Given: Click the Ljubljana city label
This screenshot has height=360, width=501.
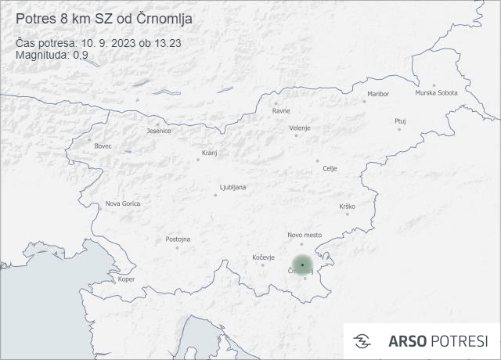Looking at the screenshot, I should (x=233, y=188).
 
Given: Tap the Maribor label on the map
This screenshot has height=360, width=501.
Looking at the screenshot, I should (x=377, y=94).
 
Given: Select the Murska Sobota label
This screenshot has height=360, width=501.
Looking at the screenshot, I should (x=436, y=93).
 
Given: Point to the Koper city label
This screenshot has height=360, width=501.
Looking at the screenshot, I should (x=126, y=279).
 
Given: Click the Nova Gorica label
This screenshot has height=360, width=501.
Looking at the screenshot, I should (x=123, y=203).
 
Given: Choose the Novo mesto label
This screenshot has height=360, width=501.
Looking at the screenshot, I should (x=305, y=235).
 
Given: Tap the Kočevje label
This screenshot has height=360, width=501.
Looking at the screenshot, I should (x=264, y=257).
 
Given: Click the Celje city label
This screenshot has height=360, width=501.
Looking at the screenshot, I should (x=330, y=168).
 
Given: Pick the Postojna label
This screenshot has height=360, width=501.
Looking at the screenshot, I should (x=178, y=239).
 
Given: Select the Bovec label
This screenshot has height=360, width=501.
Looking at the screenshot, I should (x=103, y=146).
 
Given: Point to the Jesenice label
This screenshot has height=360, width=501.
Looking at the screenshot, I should (x=159, y=131).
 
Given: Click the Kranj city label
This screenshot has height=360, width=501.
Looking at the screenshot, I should (x=209, y=153).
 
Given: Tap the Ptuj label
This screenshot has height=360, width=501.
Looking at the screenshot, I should (x=400, y=121).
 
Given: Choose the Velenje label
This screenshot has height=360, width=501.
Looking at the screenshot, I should (x=300, y=128).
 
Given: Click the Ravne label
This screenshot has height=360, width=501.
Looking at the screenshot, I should (x=281, y=110).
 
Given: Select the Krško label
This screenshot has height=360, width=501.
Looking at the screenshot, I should (x=347, y=206).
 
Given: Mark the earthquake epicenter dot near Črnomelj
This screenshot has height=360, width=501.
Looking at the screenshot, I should (x=302, y=265).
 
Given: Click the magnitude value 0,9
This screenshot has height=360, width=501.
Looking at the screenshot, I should (x=80, y=55).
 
